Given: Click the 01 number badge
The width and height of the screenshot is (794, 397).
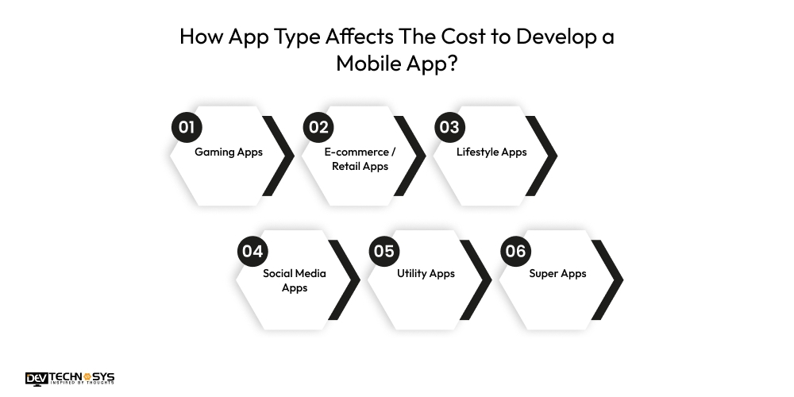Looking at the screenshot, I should [x=187, y=127].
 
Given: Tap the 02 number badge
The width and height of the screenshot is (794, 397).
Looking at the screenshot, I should [x=318, y=127].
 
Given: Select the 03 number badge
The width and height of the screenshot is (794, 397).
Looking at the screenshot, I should [x=449, y=127].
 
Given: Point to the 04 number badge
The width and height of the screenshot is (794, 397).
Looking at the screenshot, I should [x=252, y=251].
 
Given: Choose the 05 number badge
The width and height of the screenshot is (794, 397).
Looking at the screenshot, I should [x=384, y=251].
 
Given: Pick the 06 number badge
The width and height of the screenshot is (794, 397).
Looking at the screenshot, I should [x=516, y=251].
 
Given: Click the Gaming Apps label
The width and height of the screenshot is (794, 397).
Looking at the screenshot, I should [x=229, y=152].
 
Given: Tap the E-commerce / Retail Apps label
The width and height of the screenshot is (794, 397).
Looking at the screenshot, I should [x=360, y=159].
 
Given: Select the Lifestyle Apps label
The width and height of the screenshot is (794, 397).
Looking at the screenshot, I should [x=491, y=152].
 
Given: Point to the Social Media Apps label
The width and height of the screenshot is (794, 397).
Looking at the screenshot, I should [x=295, y=280].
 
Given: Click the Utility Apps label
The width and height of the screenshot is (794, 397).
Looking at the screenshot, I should [x=426, y=273].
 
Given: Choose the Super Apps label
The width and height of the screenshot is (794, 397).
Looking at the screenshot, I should [x=557, y=273].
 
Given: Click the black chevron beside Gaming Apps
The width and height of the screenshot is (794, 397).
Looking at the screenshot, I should [x=279, y=156].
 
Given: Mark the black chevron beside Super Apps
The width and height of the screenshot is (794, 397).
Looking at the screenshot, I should [x=607, y=279].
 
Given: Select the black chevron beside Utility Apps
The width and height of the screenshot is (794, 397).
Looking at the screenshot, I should [x=476, y=279].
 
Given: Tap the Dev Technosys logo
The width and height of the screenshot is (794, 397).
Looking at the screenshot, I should [x=70, y=379].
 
